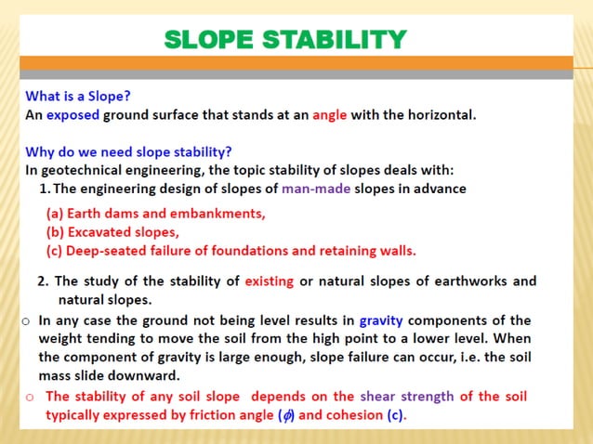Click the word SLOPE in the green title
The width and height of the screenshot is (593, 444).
pos(210,40)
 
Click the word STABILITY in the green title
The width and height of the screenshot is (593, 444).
pos(336,40)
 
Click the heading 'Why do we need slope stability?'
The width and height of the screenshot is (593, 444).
pos(128,152)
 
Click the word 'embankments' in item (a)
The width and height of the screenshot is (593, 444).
pos(221,213)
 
